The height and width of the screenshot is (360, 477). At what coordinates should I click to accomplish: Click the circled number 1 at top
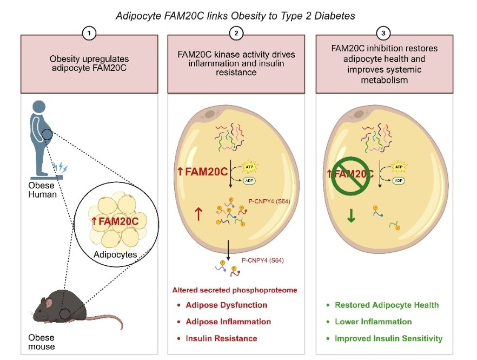[x=90, y=33]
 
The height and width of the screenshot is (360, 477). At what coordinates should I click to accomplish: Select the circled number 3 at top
[x=383, y=33]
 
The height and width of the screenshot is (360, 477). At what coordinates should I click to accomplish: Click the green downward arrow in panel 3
[x=351, y=216]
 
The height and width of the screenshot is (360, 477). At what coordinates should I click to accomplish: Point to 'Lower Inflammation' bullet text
[x=373, y=322]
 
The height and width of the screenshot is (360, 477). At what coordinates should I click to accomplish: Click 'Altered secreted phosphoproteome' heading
[x=234, y=290]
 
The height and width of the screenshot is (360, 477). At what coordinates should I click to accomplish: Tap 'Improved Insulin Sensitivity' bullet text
[x=388, y=338]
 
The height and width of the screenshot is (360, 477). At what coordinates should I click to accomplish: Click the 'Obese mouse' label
[x=42, y=342]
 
